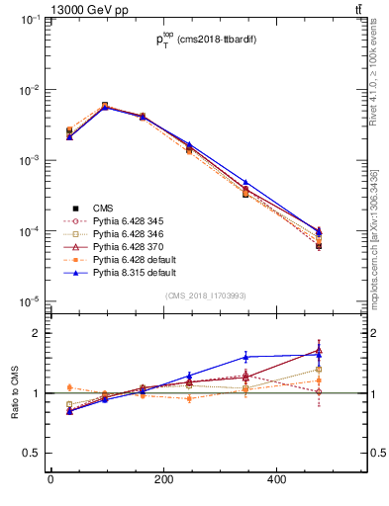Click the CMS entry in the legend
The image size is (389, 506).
(104, 208)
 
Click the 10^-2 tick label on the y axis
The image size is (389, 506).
(30, 90)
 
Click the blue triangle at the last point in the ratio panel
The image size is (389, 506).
(318, 354)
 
